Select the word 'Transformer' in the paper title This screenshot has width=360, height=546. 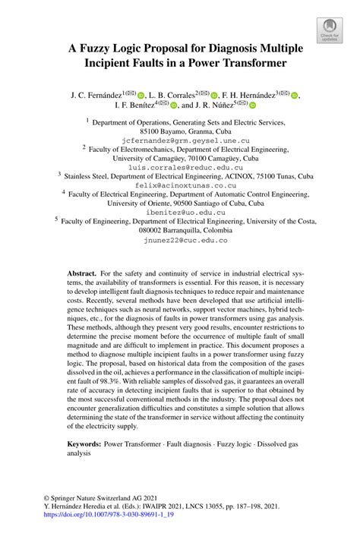point(251,64)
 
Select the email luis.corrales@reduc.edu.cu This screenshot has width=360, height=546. point(180,166)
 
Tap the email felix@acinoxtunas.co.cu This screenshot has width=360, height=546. point(180,185)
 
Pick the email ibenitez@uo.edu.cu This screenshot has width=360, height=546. point(180,213)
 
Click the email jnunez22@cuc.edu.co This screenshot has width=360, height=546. point(180,240)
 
